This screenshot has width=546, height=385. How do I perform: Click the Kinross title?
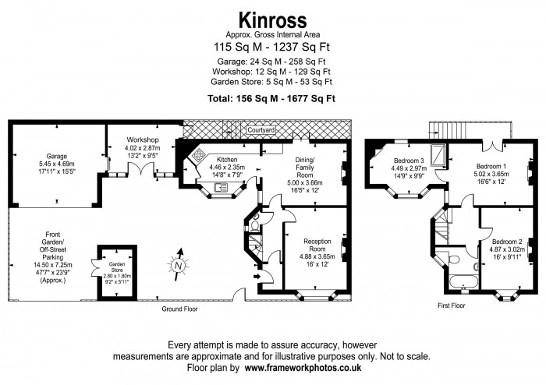click(x=273, y=20)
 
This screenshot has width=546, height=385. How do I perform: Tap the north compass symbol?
click(x=179, y=265)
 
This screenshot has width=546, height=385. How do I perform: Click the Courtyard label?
click(x=261, y=130)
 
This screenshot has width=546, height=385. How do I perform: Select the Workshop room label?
click(x=143, y=140)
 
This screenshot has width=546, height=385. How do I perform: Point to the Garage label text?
click(x=57, y=156)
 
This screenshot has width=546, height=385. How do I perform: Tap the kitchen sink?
click(x=221, y=188)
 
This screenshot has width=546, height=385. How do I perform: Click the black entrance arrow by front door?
click(x=257, y=277)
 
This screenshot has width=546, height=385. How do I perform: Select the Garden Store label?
click(x=117, y=267)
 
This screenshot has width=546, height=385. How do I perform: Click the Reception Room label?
click(x=317, y=245)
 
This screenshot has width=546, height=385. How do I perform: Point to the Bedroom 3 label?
click(x=409, y=161)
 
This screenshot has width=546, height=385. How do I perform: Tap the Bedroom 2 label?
click(x=507, y=242)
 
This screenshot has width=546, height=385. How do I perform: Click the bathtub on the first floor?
click(x=463, y=281)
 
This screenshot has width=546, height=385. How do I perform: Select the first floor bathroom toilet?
click(x=455, y=260)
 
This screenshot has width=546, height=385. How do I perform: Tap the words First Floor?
click(x=452, y=306)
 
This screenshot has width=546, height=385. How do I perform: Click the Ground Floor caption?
click(x=179, y=309)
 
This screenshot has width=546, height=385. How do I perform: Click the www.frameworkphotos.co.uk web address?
click(x=303, y=368)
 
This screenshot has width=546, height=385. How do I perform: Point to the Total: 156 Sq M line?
click(x=271, y=98)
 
